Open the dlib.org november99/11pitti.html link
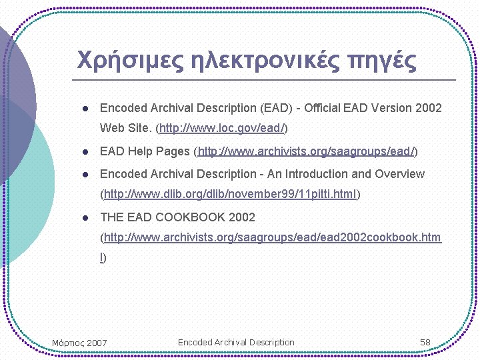coord(231,195)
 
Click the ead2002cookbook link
coord(272,238)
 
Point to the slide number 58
coord(425,343)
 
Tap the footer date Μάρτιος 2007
coord(79,343)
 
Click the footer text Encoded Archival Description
coord(236,343)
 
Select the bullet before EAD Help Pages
coord(85,152)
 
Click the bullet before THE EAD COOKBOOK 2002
coord(85,217)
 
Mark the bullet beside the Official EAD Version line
coord(85,108)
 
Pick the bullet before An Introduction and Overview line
coord(85,175)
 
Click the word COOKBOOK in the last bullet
coord(189,217)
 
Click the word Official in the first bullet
coord(322,108)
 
